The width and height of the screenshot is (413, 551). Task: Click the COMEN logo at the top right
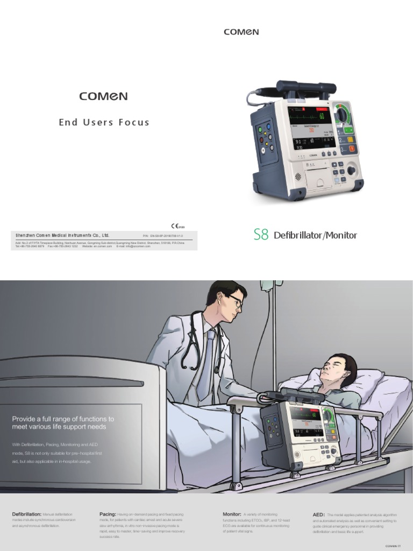click(241, 32)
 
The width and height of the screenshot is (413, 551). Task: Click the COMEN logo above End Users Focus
click(104, 96)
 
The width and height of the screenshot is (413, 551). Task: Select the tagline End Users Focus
click(104, 122)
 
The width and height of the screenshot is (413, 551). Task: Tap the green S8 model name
click(261, 235)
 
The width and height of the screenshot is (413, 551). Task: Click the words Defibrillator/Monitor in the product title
click(315, 235)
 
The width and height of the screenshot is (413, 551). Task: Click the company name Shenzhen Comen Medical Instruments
click(62, 235)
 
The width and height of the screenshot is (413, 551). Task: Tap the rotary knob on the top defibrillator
click(351, 171)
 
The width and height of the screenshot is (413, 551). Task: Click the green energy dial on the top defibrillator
click(341, 114)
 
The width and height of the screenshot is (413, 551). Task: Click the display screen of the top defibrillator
click(311, 128)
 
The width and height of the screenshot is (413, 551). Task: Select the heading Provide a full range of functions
click(63, 422)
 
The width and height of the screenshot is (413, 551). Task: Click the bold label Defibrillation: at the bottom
click(26, 514)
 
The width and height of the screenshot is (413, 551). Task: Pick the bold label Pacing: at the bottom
click(108, 514)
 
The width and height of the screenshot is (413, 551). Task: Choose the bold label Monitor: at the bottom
click(232, 514)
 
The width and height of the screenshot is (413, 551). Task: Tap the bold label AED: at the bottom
click(318, 515)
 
